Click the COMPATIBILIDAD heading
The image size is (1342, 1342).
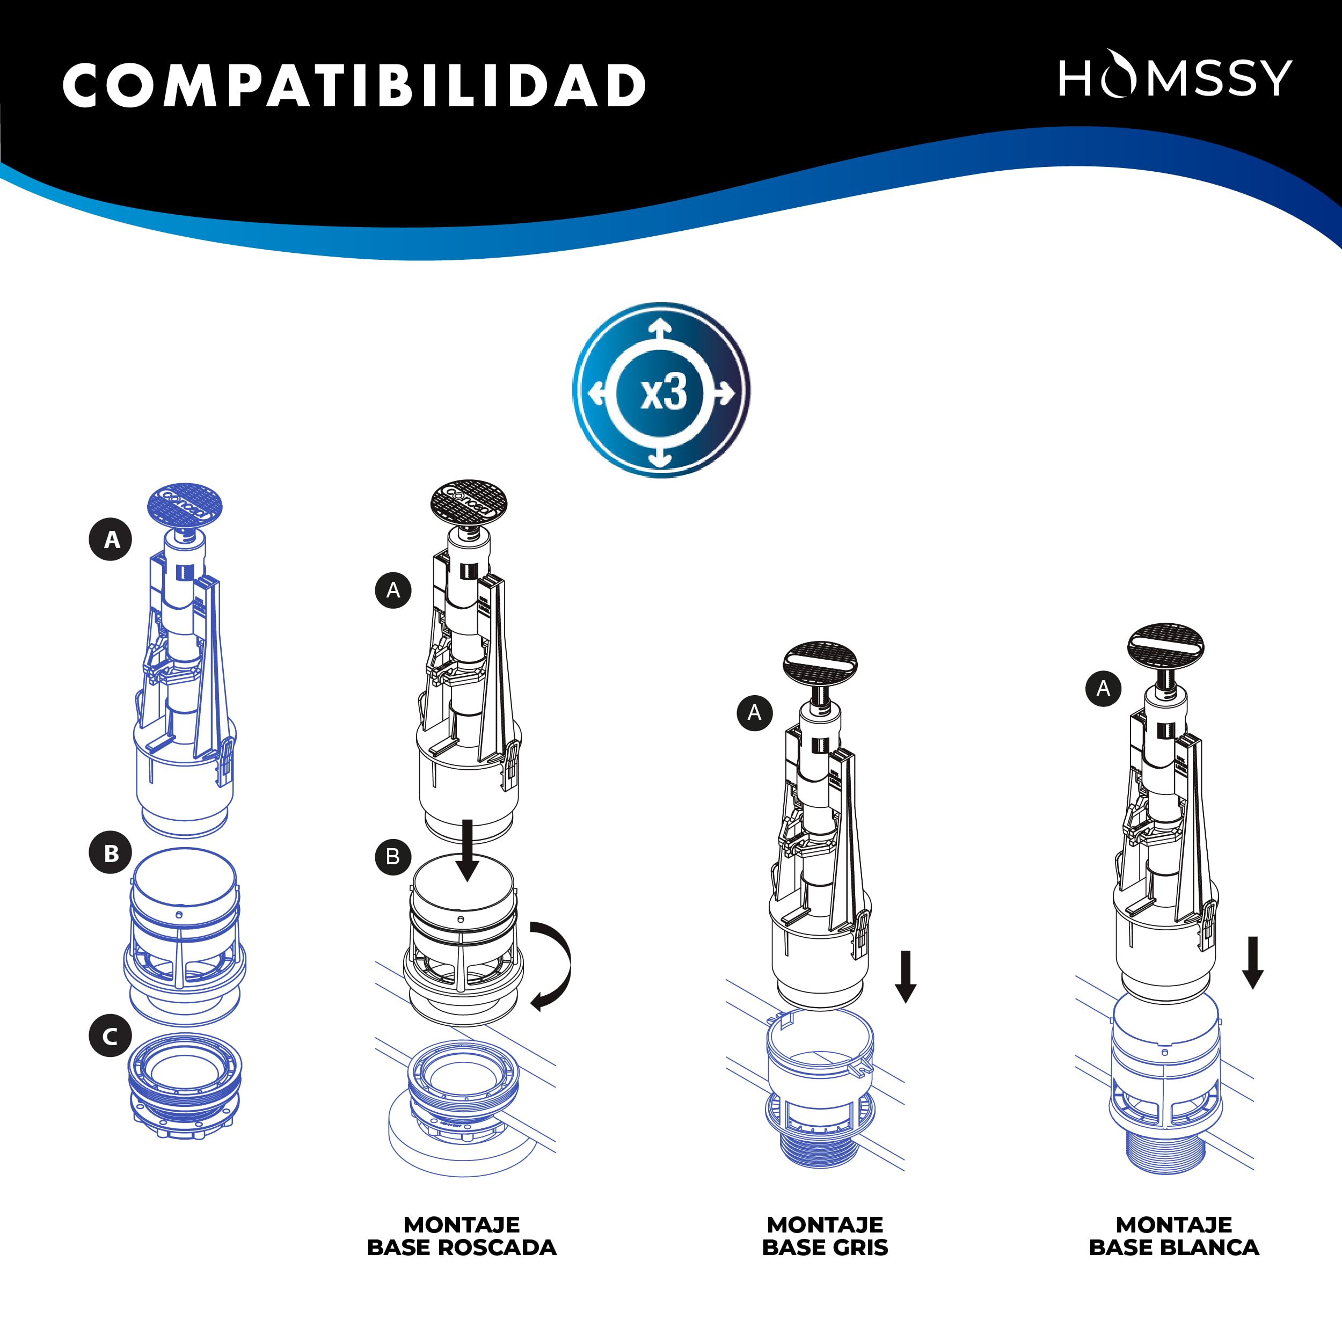[x=354, y=86]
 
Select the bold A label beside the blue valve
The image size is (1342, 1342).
[x=111, y=539]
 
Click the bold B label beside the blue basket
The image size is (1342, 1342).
[x=111, y=852]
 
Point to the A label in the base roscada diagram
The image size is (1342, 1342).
[x=393, y=590]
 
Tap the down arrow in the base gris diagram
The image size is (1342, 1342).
[x=905, y=976]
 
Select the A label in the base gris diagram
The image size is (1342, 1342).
[x=754, y=713]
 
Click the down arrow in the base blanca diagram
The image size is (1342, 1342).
[x=1252, y=962]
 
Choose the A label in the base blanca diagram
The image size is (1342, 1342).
[x=1103, y=688]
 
